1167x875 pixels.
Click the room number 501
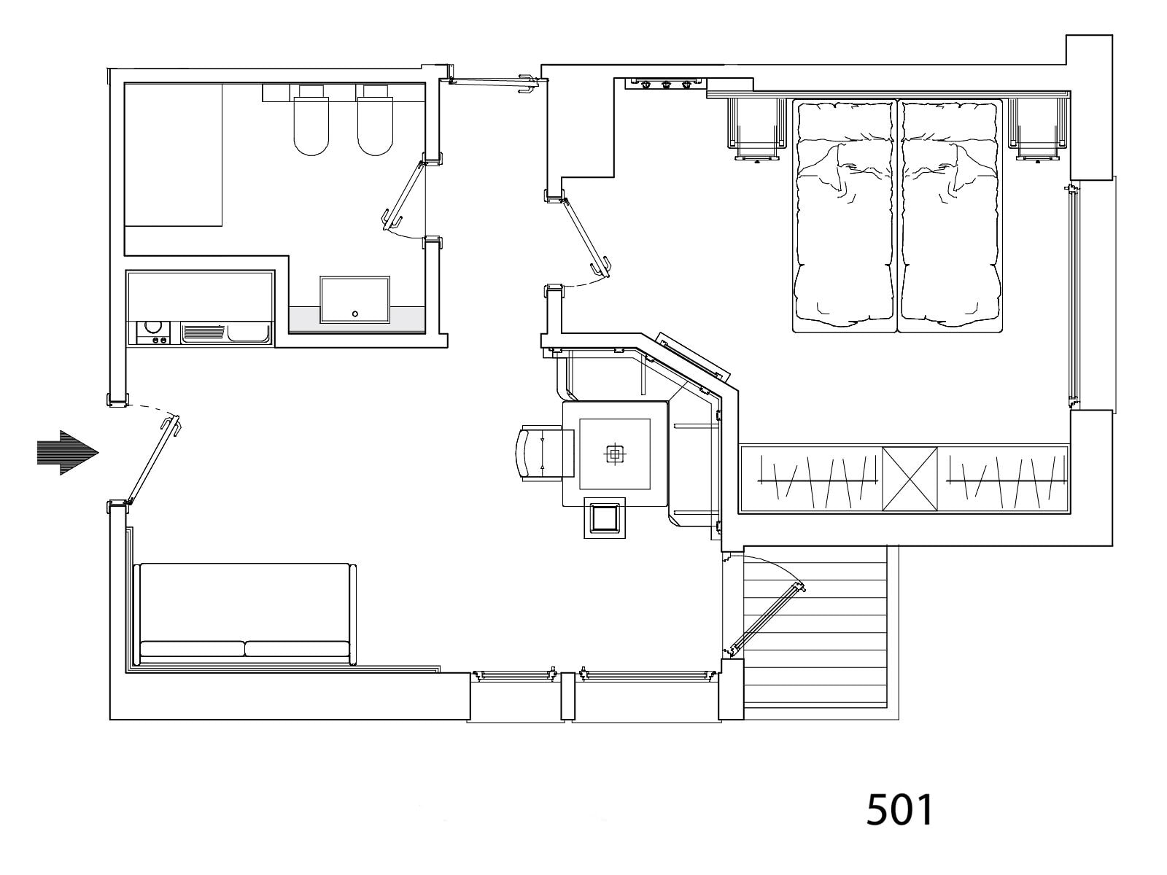click(899, 809)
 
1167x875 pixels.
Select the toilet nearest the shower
click(311, 124)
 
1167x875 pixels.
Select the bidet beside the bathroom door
click(376, 124)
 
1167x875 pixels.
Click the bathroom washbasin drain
click(355, 314)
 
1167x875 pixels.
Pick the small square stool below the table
click(605, 518)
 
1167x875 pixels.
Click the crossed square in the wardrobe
click(910, 478)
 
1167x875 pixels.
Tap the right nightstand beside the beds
click(1036, 127)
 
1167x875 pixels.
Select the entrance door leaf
click(152, 461)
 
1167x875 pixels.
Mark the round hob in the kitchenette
click(154, 328)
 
